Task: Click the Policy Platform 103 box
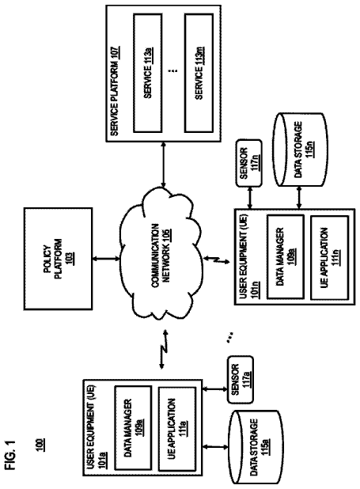pos(58,259)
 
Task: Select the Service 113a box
pos(148,73)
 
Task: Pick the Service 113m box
pos(199,73)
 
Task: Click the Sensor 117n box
pos(248,163)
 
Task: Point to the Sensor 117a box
pos(241,380)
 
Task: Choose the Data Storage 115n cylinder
pos(301,150)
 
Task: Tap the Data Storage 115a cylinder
pos(256,446)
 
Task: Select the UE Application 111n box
pos(329,258)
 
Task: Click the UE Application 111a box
pos(177,428)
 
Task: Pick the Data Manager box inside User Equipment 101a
pos(133,428)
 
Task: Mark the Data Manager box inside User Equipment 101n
pos(285,257)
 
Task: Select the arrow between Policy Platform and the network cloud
pos(106,259)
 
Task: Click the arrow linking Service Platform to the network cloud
pos(163,165)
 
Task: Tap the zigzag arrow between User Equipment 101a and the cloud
pos(163,350)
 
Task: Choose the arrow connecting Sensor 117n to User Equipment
pos(249,198)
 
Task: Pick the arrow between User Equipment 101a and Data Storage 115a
pos(215,447)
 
